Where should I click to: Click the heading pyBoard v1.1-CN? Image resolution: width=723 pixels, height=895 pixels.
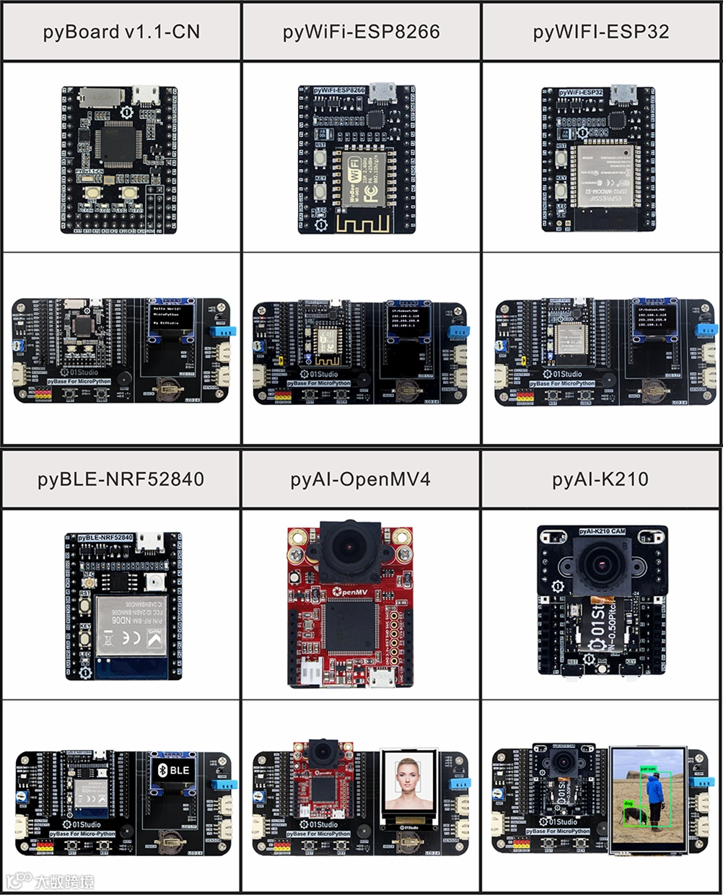(121, 32)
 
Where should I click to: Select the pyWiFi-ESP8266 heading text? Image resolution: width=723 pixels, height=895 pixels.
(361, 32)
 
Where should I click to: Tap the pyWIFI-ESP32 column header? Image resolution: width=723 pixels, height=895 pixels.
(601, 32)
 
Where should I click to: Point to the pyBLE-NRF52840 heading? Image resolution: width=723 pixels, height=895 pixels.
(120, 479)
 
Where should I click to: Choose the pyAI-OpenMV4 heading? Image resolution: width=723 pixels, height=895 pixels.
(361, 479)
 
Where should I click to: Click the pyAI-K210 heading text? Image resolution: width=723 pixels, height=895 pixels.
(600, 479)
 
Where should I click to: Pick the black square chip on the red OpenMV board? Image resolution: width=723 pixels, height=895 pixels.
(348, 626)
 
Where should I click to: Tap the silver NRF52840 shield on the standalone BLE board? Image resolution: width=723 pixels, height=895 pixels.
(131, 625)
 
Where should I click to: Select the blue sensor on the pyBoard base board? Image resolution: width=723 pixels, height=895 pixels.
(222, 331)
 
